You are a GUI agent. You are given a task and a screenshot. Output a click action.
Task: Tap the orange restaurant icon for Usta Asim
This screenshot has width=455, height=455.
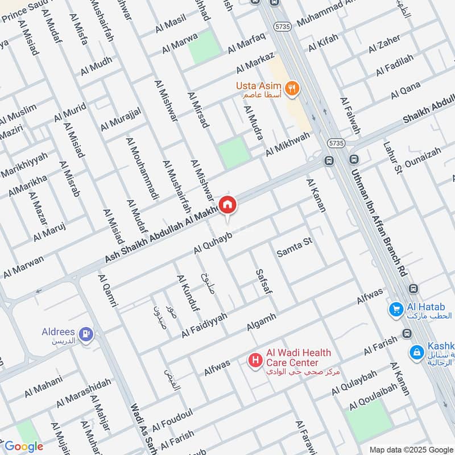[293, 88]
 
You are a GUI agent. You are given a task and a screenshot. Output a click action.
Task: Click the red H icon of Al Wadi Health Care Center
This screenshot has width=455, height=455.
[256, 359]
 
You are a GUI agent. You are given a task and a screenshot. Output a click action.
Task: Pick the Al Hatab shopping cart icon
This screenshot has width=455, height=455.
[396, 309]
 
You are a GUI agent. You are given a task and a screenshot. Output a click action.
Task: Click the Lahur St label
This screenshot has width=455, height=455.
[392, 157]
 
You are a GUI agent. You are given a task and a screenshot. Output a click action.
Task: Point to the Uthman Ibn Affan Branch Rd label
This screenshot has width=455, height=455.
[379, 216]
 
